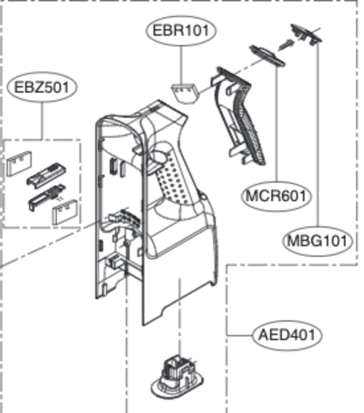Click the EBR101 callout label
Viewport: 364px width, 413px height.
pos(181,30)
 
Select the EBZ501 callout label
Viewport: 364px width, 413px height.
pos(42,87)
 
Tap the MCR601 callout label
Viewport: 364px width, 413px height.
pos(276,196)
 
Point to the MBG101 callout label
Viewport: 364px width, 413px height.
pos(317,241)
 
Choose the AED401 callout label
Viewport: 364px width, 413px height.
pos(287,335)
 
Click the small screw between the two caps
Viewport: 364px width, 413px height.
pos(286,45)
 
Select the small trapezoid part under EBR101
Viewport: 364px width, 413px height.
pos(185,93)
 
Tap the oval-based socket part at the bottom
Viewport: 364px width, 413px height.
pos(177,375)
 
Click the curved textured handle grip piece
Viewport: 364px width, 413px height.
pos(239,116)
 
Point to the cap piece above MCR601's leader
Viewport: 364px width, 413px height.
pos(266,56)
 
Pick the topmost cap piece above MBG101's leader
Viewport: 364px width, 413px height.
pos(306,34)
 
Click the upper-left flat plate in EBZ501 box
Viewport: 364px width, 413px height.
pos(19,163)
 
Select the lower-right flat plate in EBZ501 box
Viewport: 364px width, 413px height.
pos(65,212)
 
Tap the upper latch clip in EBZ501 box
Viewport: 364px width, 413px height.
pos(47,175)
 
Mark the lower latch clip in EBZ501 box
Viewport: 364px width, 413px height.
pos(47,197)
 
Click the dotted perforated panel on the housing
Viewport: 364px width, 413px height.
pos(174,179)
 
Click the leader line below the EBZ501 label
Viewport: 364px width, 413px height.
pos(42,121)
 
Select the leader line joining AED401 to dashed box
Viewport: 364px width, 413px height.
pos(240,335)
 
